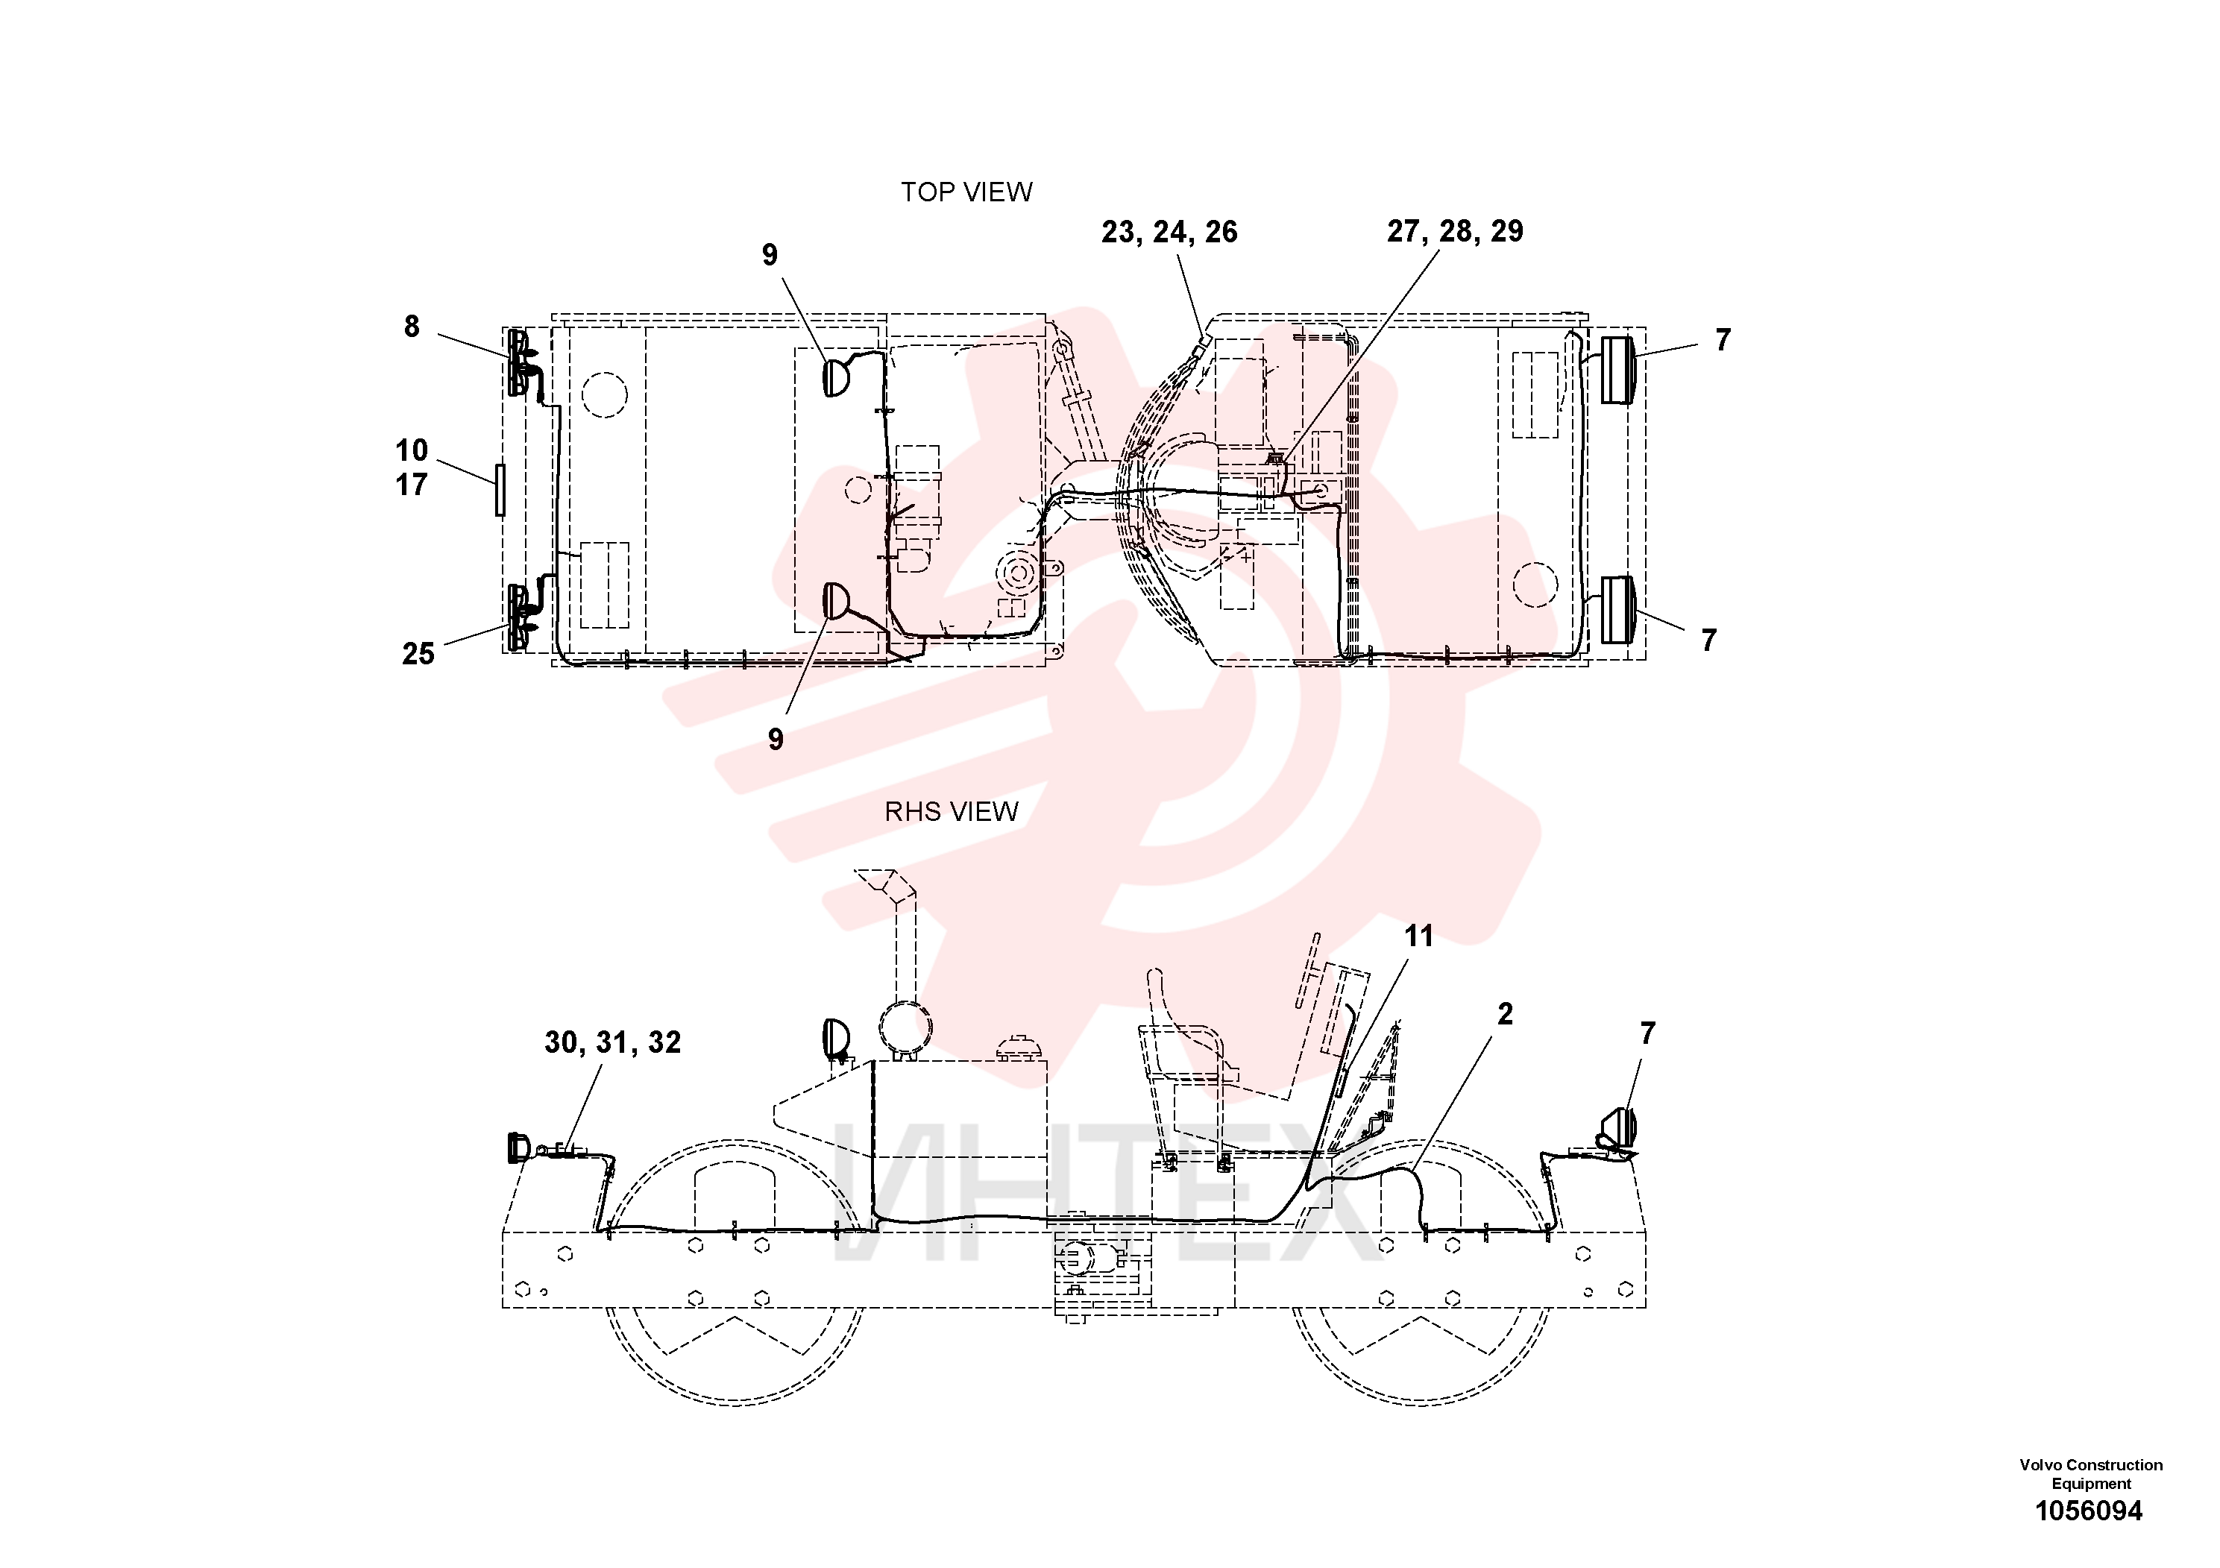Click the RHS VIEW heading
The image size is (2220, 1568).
click(x=952, y=812)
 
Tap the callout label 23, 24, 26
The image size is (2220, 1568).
click(x=1169, y=233)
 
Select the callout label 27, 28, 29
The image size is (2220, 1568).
click(x=1455, y=232)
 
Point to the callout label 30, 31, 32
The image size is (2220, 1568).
click(x=612, y=1043)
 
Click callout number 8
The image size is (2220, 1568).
click(x=412, y=327)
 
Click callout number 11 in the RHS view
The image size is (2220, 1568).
click(x=1418, y=936)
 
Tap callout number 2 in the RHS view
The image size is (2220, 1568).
click(x=1505, y=1014)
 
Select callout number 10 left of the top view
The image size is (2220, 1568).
click(x=411, y=450)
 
